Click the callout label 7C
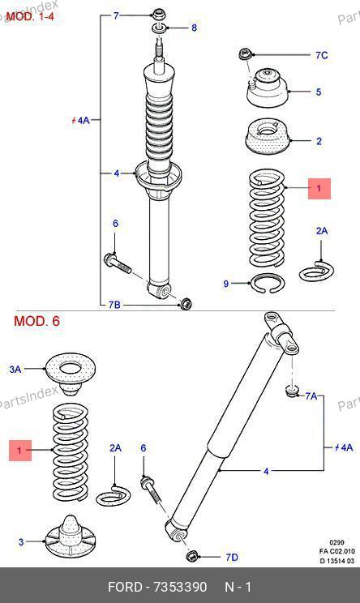coord(322,55)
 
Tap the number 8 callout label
coord(194,28)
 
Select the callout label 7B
coord(114,305)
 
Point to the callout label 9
coord(225,284)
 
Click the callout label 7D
coord(232,558)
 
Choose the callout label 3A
coord(15,370)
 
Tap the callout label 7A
coord(311,396)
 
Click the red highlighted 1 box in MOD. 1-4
coord(319,188)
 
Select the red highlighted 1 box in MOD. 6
coord(20,450)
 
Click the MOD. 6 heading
coord(37,321)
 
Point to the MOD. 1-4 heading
coord(30,16)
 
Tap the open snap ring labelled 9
coord(268,284)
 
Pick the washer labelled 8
coord(159,28)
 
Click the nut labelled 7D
coord(192,556)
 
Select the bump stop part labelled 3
coord(70,536)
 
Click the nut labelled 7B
coord(186,304)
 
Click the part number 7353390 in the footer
coord(180,588)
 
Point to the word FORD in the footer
coord(125,588)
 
